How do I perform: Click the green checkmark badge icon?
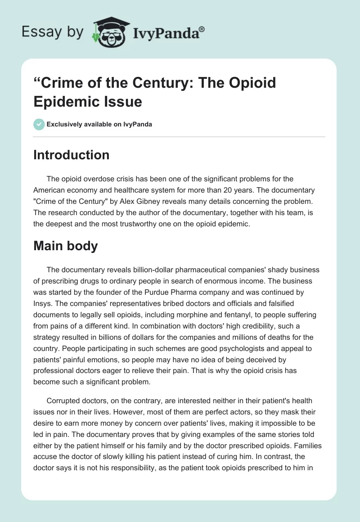tap(39, 124)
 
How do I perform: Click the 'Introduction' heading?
tap(71, 155)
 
